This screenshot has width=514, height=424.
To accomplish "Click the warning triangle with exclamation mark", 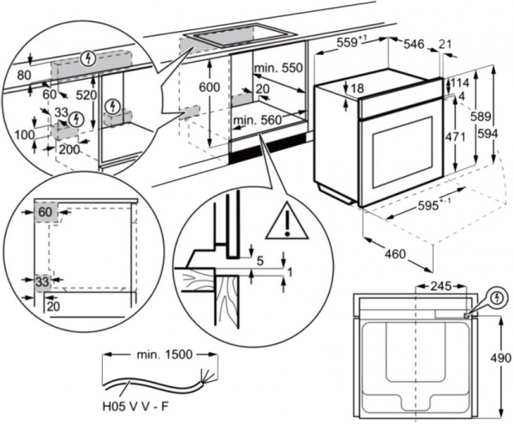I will pos(286,224).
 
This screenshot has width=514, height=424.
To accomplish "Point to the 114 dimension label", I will pos(463,83).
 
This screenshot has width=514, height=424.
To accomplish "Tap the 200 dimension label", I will pos(69,148).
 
